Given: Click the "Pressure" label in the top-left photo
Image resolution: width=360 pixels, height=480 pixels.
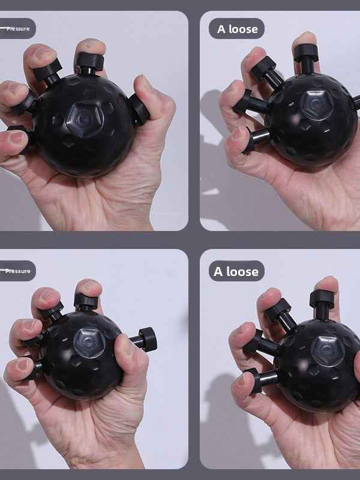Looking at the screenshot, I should (x=18, y=28).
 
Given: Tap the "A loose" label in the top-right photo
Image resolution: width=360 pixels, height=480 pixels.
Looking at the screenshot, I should (x=237, y=29).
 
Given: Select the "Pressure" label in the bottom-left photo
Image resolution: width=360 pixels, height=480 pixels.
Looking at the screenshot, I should (x=18, y=271).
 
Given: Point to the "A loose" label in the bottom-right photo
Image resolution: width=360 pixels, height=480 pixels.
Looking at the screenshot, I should (x=237, y=271).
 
